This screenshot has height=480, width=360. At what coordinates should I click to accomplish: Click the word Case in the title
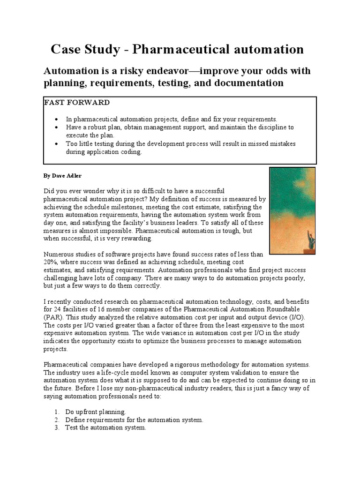67,49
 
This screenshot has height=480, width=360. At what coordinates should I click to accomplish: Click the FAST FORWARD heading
77,103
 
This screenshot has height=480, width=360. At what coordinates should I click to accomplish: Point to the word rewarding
136,239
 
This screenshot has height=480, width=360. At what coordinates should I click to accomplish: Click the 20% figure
50,262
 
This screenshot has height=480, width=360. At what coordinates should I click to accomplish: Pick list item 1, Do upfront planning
96,412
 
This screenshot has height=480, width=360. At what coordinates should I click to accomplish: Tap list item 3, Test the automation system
105,428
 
